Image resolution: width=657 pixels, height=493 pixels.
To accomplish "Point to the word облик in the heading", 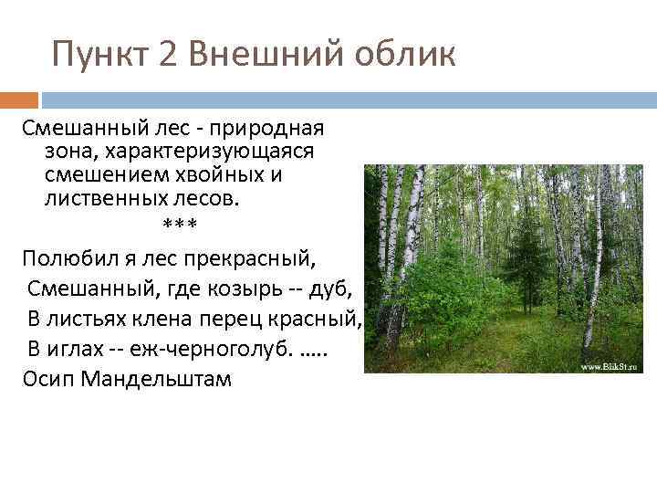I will point(401,56).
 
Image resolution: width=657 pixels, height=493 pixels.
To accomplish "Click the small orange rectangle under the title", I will point(19,100).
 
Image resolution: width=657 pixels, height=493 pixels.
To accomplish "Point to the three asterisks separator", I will point(179,224).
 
